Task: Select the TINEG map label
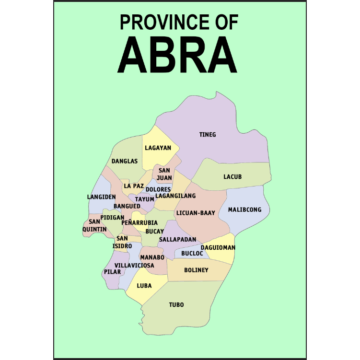[208, 135]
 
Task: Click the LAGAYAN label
[158, 148]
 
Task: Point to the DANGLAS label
[125, 162]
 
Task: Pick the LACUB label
[232, 177]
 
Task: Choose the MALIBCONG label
[244, 209]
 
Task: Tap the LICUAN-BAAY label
[196, 212]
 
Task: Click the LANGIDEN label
[101, 197]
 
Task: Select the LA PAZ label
[134, 186]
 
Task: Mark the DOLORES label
[158, 189]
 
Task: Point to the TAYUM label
[144, 199]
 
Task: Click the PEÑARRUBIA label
[139, 223]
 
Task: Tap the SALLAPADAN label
[177, 239]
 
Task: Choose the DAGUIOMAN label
[218, 247]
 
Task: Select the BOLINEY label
[197, 270]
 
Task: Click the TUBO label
[176, 305]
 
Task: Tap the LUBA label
[144, 286]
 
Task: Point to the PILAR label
[112, 272]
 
